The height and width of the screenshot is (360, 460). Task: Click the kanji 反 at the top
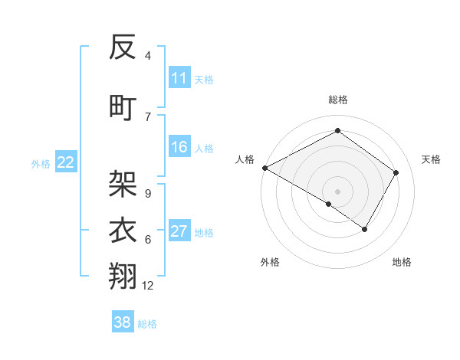click(x=123, y=48)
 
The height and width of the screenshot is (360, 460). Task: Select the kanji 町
click(x=123, y=106)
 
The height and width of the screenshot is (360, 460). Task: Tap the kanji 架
click(x=123, y=184)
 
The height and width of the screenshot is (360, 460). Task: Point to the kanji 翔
click(x=123, y=276)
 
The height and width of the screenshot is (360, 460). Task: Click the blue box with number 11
click(x=179, y=78)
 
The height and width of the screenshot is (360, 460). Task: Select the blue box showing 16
click(x=179, y=148)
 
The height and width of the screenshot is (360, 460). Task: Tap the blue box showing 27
click(x=179, y=232)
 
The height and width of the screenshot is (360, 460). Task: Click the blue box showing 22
click(x=66, y=162)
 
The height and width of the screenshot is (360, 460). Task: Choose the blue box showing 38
click(x=123, y=322)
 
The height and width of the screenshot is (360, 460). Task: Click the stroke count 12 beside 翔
click(x=148, y=286)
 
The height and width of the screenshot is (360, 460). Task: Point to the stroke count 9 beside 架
click(x=147, y=193)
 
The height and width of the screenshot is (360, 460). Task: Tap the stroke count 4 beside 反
click(x=147, y=56)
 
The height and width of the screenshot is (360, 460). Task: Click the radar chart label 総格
click(x=337, y=100)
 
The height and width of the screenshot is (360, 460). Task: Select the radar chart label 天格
click(x=431, y=159)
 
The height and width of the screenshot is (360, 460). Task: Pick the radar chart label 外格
click(x=270, y=262)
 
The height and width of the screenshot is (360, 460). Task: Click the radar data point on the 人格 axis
click(x=264, y=168)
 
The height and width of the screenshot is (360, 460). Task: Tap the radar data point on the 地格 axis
click(x=365, y=229)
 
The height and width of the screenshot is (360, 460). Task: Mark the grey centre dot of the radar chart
click(x=337, y=191)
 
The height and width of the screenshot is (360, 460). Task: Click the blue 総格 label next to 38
click(x=147, y=324)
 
